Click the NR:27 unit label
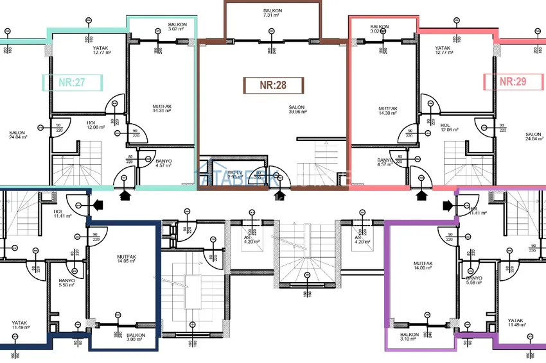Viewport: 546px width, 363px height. click(73, 82)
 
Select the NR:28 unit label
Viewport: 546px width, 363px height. click(272, 85)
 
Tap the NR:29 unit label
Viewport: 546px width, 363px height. click(513, 81)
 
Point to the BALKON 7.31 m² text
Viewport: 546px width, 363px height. click(272, 15)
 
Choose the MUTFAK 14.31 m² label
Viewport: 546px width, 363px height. click(162, 109)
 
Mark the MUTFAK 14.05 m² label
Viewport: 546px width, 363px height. click(127, 259)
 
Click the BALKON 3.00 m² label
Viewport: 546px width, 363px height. click(136, 337)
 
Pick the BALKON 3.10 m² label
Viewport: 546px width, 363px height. click(410, 337)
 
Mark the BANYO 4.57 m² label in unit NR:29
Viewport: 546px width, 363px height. click(385, 163)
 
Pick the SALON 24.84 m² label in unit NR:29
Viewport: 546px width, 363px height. click(533, 136)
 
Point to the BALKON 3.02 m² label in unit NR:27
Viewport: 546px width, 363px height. click(177, 26)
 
